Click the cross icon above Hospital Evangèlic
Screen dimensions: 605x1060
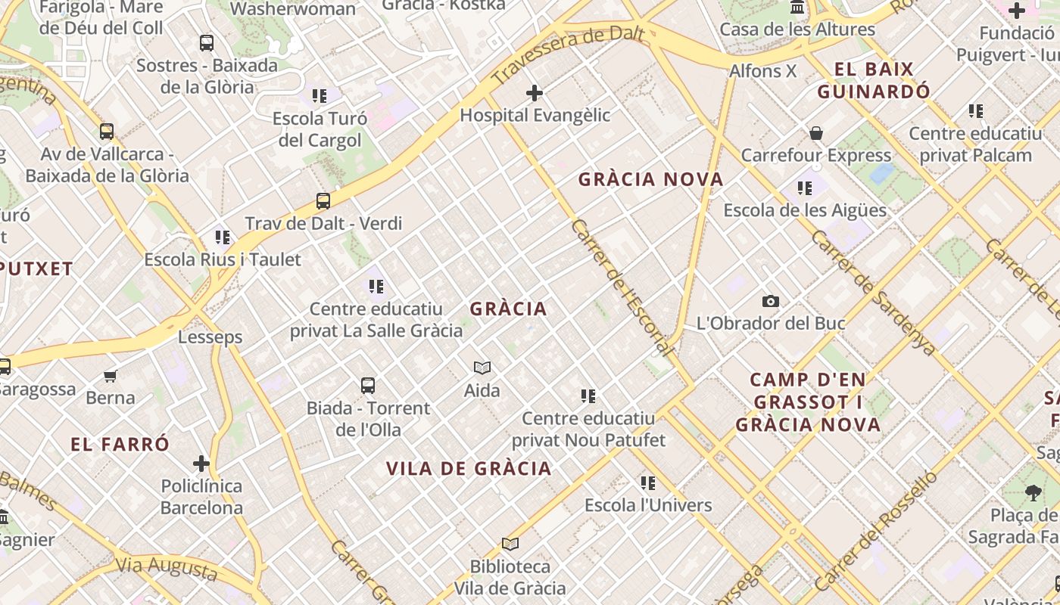click(x=535, y=93)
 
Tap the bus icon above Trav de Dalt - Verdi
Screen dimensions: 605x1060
click(x=323, y=201)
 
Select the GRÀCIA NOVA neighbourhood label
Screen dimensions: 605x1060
click(x=651, y=180)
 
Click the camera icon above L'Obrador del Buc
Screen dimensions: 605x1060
click(x=771, y=302)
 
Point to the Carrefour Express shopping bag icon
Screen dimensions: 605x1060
click(x=816, y=134)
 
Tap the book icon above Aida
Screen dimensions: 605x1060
click(x=482, y=368)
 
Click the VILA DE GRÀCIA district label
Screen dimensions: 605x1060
click(x=469, y=469)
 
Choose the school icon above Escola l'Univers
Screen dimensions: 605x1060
click(x=648, y=482)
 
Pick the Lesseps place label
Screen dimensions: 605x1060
click(x=210, y=337)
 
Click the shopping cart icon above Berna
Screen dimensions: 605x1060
click(x=111, y=376)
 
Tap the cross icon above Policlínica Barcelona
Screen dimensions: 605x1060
click(x=201, y=464)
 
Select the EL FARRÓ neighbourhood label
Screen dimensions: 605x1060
click(x=120, y=445)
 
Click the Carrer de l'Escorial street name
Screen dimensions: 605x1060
click(x=622, y=288)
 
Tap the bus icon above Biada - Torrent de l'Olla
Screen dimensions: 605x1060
click(x=368, y=386)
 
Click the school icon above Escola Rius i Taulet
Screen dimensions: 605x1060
click(x=223, y=237)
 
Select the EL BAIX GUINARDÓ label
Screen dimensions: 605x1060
click(x=874, y=81)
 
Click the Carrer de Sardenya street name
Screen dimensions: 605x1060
click(x=874, y=293)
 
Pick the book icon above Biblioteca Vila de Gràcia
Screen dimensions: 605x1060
click(x=510, y=544)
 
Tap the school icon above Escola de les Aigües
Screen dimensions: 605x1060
click(x=805, y=188)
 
